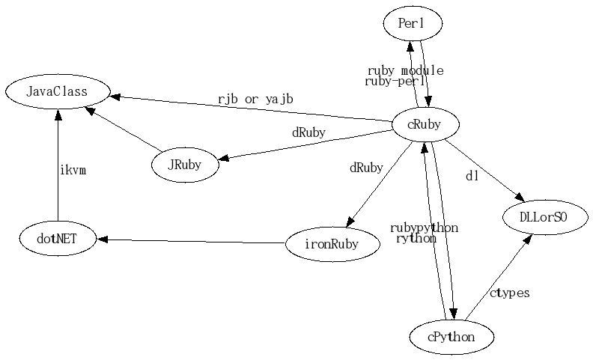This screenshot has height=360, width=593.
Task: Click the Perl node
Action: (411, 24)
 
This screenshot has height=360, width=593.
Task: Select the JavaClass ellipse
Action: (57, 92)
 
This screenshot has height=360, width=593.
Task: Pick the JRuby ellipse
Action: (186, 165)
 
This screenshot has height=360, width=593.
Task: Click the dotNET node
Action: (58, 239)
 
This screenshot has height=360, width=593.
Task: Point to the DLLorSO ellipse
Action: (544, 218)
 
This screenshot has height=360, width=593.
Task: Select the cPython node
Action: (451, 337)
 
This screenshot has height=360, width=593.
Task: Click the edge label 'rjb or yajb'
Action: (255, 98)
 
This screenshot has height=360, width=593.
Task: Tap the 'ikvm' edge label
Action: (73, 170)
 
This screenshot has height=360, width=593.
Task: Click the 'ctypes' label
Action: (509, 293)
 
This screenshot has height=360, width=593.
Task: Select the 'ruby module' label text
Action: (405, 70)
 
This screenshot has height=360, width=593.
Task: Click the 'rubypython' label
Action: (424, 228)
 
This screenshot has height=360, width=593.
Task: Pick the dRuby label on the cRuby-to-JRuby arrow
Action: (308, 132)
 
